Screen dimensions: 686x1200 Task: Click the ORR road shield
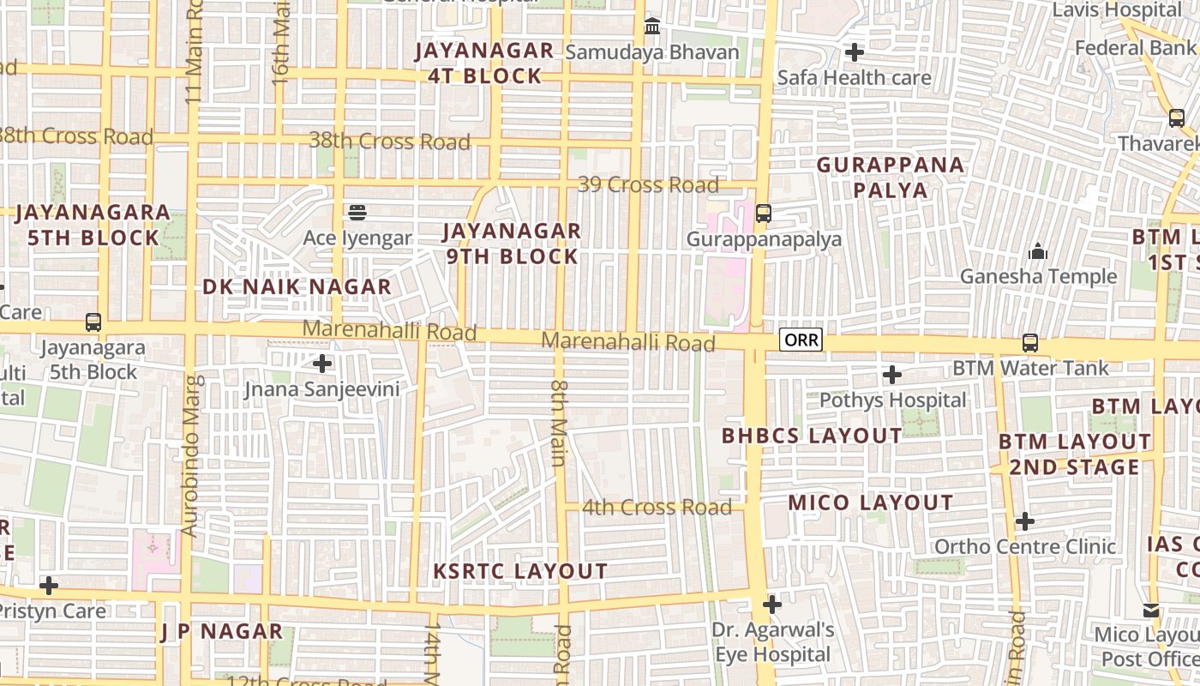coord(801,340)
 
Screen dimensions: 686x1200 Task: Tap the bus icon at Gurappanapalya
coord(763,213)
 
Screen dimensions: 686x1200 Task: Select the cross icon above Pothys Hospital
coord(892,375)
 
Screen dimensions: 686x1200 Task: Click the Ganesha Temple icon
coord(1038,251)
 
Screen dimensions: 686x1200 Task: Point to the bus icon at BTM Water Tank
coord(1030,343)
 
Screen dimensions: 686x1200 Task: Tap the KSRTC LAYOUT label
coord(520,571)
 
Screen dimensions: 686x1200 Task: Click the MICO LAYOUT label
coord(870,502)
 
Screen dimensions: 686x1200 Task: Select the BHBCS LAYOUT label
coord(812,436)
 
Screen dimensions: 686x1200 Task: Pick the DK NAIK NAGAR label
coord(297,287)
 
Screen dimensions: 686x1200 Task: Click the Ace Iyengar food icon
coord(357,212)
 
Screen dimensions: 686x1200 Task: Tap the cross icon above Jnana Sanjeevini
coord(322,364)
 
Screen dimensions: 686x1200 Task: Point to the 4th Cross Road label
coord(657,507)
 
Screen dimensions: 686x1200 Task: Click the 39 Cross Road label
coord(648,184)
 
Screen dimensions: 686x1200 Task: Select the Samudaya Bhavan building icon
coord(652,27)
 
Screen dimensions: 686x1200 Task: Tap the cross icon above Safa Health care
coord(854,52)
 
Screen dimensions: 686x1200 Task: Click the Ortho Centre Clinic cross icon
coord(1025,521)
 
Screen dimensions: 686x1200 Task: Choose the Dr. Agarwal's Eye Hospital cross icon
coord(772,605)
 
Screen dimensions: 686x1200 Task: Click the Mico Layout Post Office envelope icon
coord(1151,611)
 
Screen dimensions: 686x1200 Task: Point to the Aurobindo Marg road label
coord(192,455)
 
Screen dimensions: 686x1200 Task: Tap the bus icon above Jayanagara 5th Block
coord(93,322)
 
